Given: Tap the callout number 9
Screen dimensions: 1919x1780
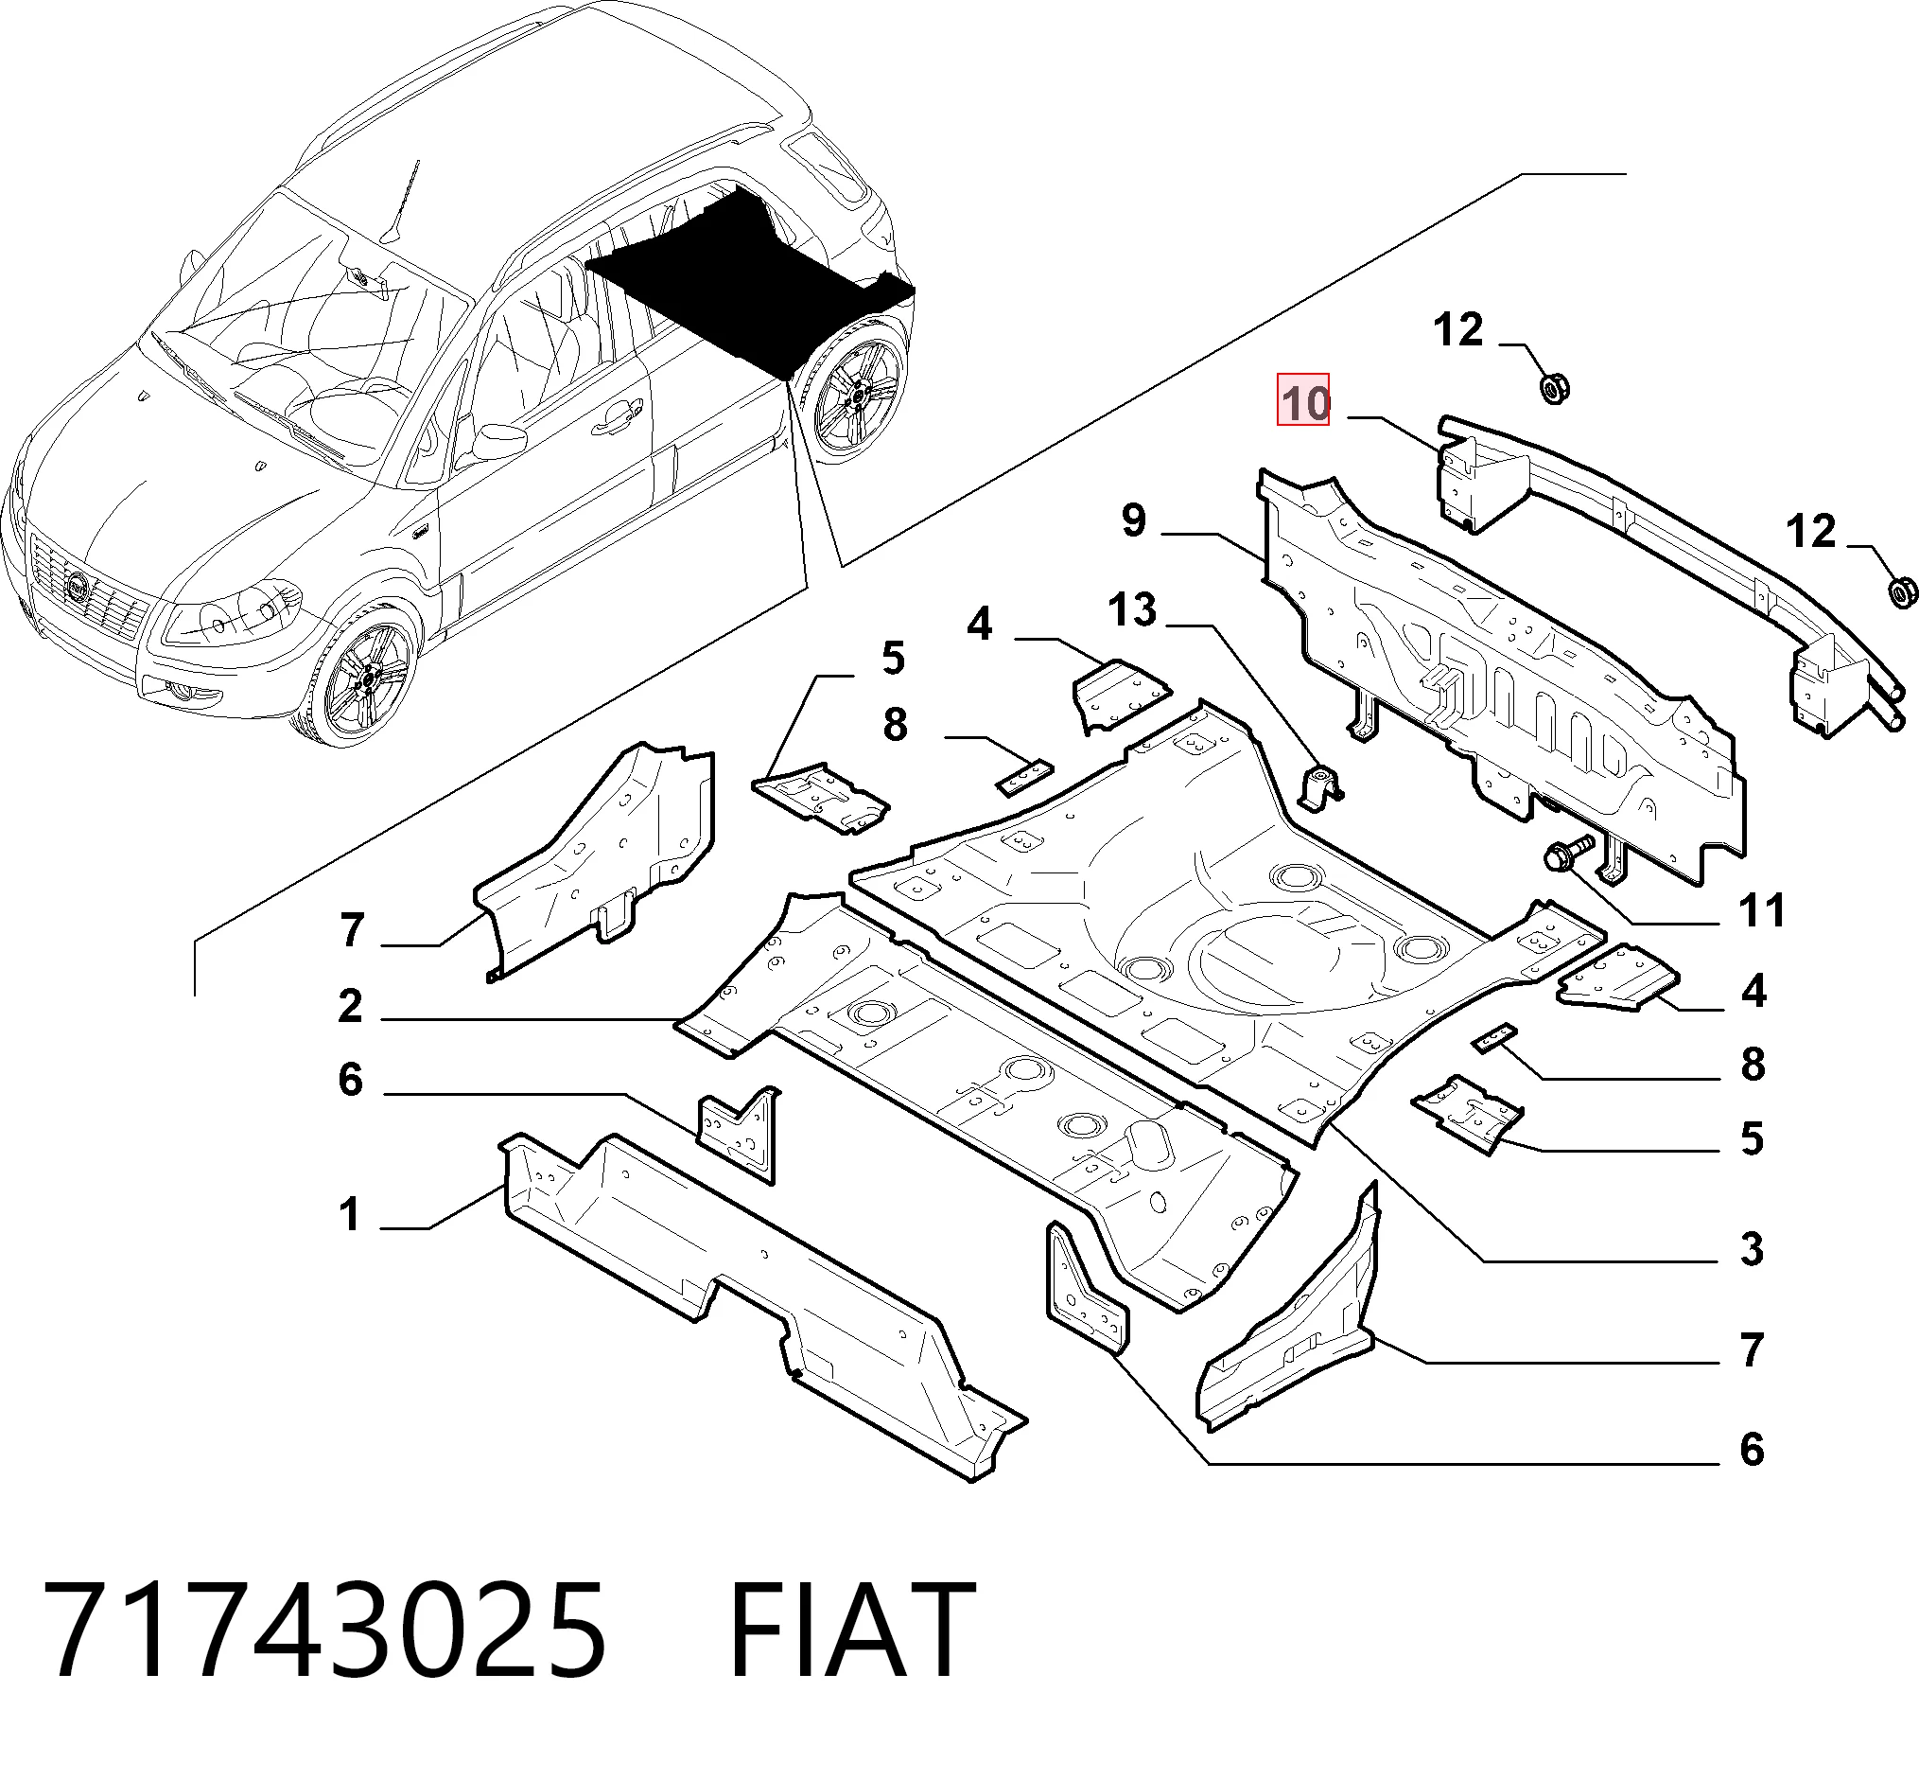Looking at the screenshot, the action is (1134, 520).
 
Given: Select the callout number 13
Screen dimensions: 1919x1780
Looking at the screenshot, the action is (1131, 609).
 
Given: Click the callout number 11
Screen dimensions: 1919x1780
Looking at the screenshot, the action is (1761, 909).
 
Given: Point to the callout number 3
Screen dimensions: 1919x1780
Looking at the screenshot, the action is (1752, 1248).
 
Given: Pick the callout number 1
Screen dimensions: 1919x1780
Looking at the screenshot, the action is (350, 1213).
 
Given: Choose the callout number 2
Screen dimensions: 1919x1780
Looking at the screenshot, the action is (351, 1006).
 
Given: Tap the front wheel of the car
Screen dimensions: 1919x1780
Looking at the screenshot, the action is (361, 679).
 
